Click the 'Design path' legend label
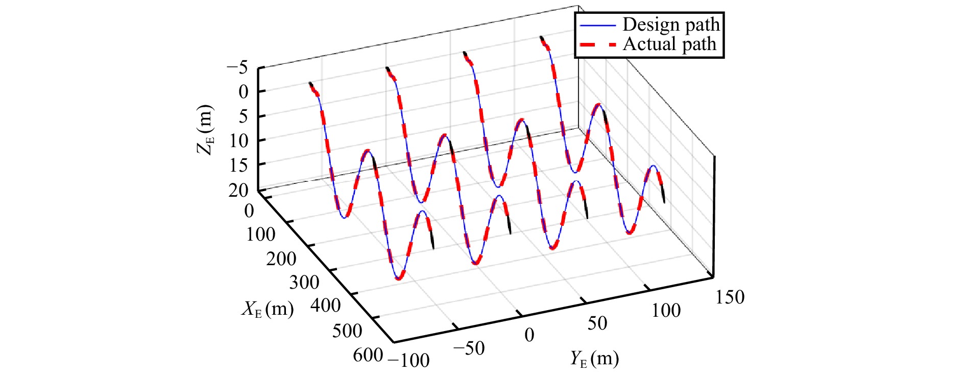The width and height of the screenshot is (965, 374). [x=670, y=25]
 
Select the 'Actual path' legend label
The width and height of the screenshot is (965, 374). [x=669, y=44]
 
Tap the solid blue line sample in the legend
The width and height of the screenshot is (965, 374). [x=598, y=25]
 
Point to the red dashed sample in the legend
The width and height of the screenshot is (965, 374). [x=598, y=45]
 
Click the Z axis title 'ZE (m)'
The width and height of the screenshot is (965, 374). [x=205, y=129]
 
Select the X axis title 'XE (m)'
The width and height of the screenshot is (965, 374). [x=268, y=309]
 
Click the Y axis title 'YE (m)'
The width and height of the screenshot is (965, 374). [x=594, y=359]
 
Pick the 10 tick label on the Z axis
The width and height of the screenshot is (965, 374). [x=239, y=141]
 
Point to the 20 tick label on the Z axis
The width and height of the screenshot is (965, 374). [x=239, y=191]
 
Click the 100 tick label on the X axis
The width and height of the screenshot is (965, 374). [x=261, y=235]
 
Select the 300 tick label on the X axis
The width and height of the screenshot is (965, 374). [x=304, y=283]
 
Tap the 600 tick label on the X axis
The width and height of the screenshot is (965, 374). [x=368, y=355]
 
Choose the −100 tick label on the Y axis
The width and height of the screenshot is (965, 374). [x=409, y=360]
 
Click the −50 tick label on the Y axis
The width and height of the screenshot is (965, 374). [x=468, y=348]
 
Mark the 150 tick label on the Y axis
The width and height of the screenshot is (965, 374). [x=730, y=297]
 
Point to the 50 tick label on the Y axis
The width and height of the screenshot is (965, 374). [x=597, y=323]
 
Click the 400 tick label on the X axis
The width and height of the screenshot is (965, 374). [x=326, y=306]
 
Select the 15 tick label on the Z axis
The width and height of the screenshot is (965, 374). [x=239, y=165]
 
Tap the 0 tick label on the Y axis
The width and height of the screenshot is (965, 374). [x=529, y=335]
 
